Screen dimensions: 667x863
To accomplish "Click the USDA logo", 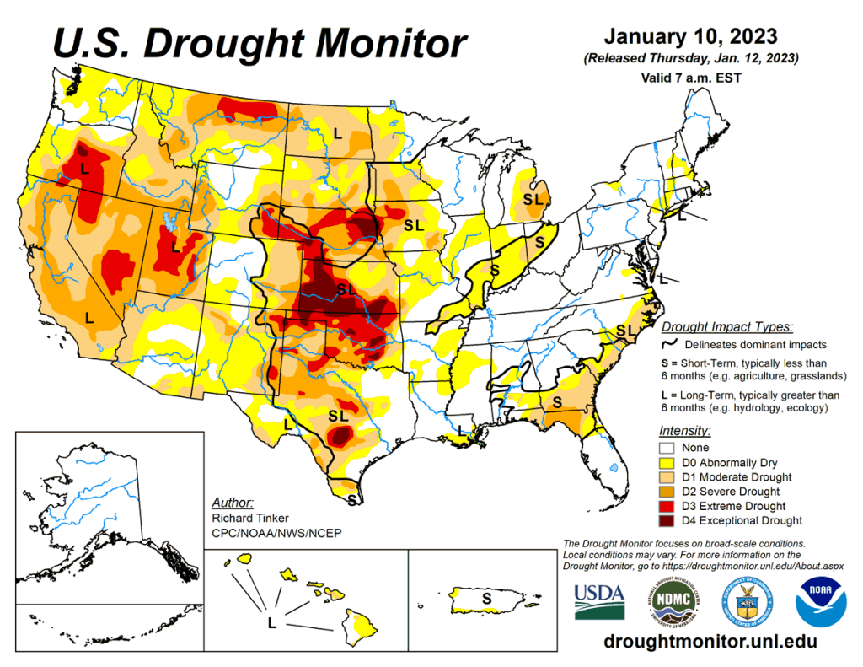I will [x=599, y=601].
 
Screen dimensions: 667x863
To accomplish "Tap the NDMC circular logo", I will [x=671, y=601].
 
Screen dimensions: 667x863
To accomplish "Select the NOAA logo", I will [x=821, y=601].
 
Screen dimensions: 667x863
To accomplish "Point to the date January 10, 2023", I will [x=691, y=38].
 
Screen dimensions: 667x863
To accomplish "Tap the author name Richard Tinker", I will [x=251, y=518].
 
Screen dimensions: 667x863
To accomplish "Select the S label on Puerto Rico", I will [x=485, y=598].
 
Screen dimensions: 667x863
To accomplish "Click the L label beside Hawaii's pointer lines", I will [x=271, y=623].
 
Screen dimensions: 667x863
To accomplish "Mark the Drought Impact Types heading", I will [x=726, y=326].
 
